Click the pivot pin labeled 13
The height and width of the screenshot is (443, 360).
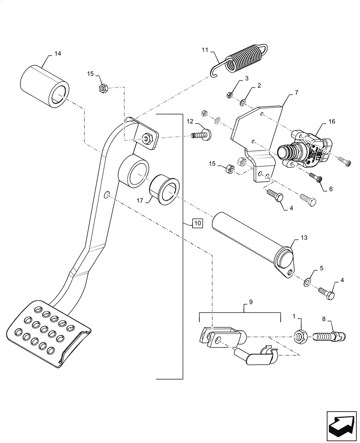(x=253, y=242)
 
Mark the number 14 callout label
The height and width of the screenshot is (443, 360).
(x=58, y=54)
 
